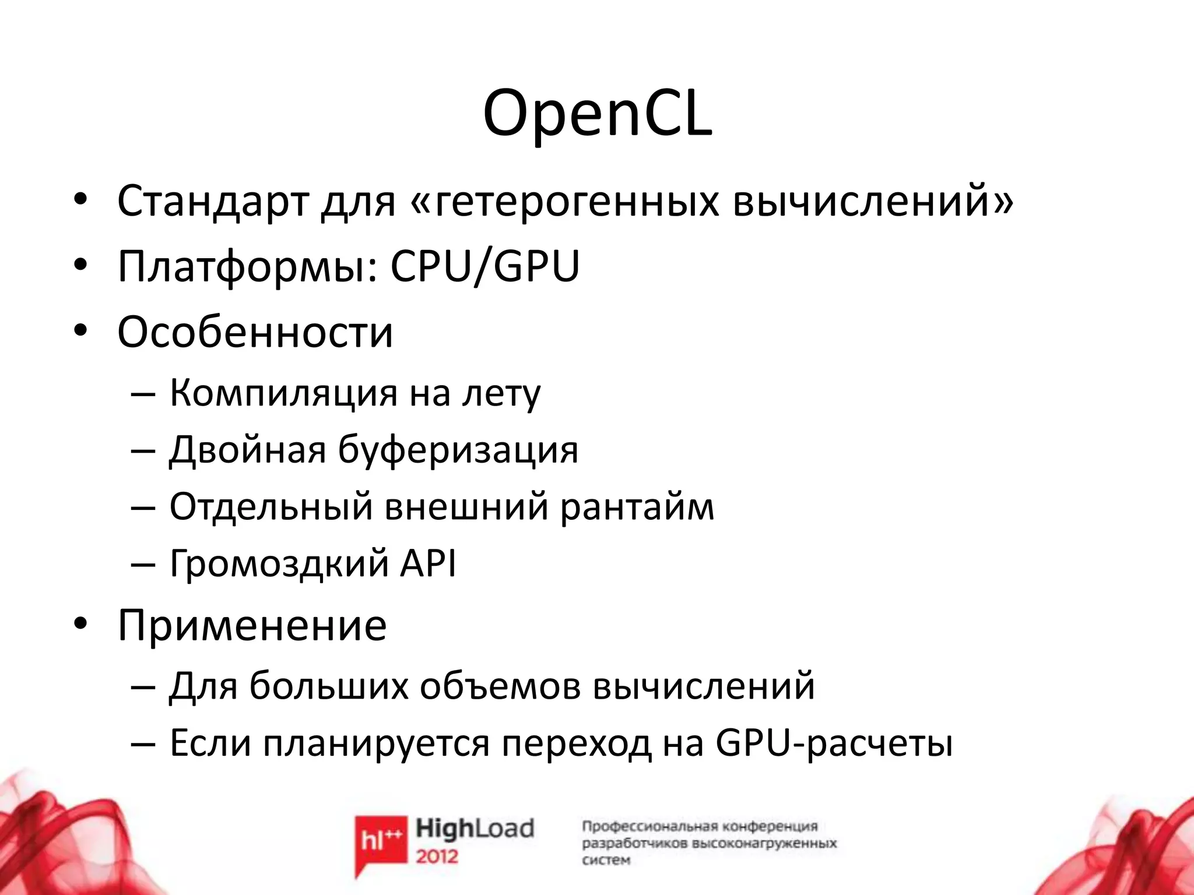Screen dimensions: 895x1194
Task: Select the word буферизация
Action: (458, 450)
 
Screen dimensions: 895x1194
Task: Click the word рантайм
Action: (637, 507)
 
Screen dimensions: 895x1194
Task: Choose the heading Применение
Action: (252, 625)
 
